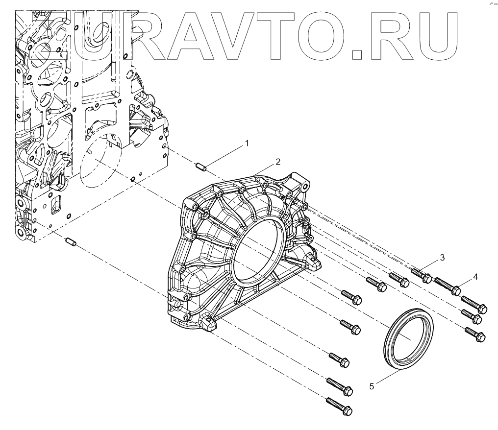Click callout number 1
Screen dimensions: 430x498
click(247, 143)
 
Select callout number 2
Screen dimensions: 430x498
click(277, 162)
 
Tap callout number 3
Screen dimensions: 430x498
click(442, 258)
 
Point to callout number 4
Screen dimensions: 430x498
click(475, 277)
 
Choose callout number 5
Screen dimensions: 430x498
click(372, 386)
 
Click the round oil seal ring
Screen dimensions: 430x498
click(408, 337)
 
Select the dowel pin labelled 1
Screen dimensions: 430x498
click(201, 167)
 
